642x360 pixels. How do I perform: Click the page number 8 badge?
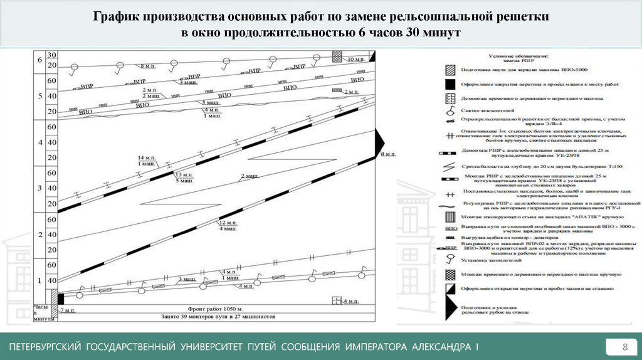624,347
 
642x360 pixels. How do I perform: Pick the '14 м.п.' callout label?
146,157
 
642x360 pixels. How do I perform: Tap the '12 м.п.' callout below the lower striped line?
226,223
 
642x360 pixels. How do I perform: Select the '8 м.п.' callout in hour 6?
149,66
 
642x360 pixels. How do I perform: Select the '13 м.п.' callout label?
184,174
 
